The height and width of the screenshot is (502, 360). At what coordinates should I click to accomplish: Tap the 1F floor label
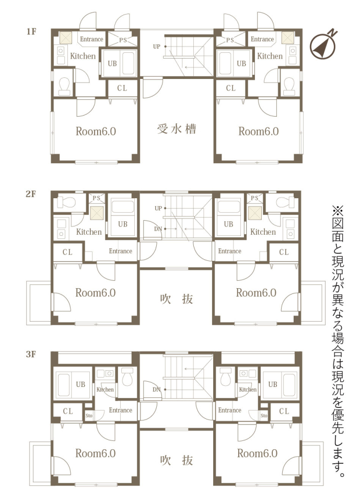(31, 31)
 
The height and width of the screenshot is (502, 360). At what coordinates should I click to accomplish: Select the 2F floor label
(31, 194)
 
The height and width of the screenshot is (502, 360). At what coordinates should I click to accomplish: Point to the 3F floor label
(31, 355)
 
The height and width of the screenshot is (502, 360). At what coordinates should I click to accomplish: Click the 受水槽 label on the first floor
(176, 129)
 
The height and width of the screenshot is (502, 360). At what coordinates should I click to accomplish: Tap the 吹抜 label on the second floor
(176, 299)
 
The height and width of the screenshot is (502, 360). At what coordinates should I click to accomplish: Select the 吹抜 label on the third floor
(176, 460)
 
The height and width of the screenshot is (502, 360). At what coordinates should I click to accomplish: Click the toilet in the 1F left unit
(64, 86)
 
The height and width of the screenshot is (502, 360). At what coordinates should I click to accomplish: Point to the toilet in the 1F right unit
(289, 86)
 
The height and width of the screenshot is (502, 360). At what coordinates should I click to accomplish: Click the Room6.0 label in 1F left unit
(96, 131)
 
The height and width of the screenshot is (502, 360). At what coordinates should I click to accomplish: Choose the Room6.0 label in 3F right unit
(257, 453)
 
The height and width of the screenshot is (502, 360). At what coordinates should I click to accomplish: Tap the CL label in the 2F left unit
(67, 252)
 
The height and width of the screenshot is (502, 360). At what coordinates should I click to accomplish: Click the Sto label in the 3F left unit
(89, 416)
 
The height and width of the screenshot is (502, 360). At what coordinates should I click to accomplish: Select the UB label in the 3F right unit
(273, 384)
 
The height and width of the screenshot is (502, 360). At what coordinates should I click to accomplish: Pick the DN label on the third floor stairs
(156, 390)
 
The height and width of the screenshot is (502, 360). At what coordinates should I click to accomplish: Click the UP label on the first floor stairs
(156, 47)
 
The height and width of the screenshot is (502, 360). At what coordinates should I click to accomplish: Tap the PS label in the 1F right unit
(230, 40)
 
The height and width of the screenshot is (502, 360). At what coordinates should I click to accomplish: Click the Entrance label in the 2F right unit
(230, 251)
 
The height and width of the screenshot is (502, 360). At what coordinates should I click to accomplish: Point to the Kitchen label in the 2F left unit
(89, 232)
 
